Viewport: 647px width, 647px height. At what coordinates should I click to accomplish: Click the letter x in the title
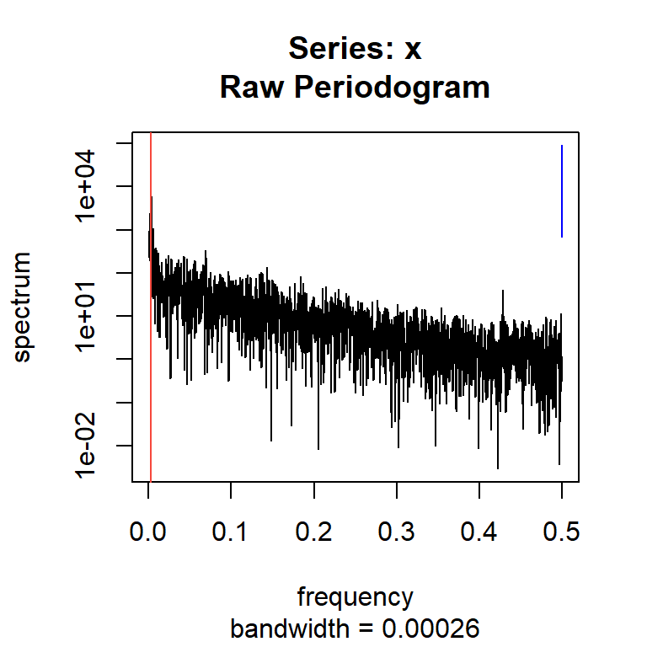click(x=413, y=49)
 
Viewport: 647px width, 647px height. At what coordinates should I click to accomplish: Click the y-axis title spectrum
click(x=23, y=307)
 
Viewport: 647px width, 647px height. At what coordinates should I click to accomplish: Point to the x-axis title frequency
click(x=356, y=597)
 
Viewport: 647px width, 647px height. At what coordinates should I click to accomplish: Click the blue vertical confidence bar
click(x=562, y=191)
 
